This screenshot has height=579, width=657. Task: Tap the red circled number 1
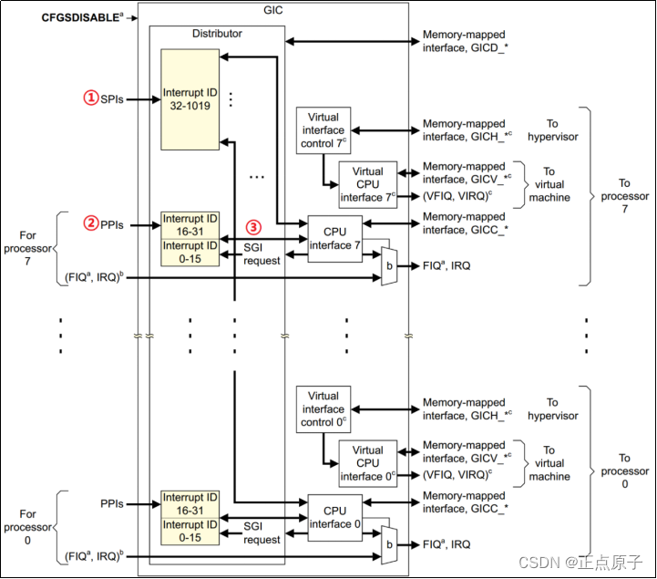click(90, 98)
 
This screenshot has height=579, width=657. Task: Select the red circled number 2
click(90, 222)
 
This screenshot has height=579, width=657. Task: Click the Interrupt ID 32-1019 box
click(190, 98)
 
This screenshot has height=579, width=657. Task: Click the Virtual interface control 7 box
click(323, 129)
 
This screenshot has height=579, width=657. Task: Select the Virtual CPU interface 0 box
click(367, 463)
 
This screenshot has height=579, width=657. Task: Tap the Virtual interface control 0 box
click(323, 408)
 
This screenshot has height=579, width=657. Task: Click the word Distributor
click(217, 34)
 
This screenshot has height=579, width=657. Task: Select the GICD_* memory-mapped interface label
click(465, 42)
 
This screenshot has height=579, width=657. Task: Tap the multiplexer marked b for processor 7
click(389, 266)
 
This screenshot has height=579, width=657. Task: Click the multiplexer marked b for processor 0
click(389, 544)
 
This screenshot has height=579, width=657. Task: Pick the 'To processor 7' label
click(625, 196)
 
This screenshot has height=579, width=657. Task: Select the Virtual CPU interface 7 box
click(367, 184)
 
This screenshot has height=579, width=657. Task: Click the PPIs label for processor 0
click(113, 503)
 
